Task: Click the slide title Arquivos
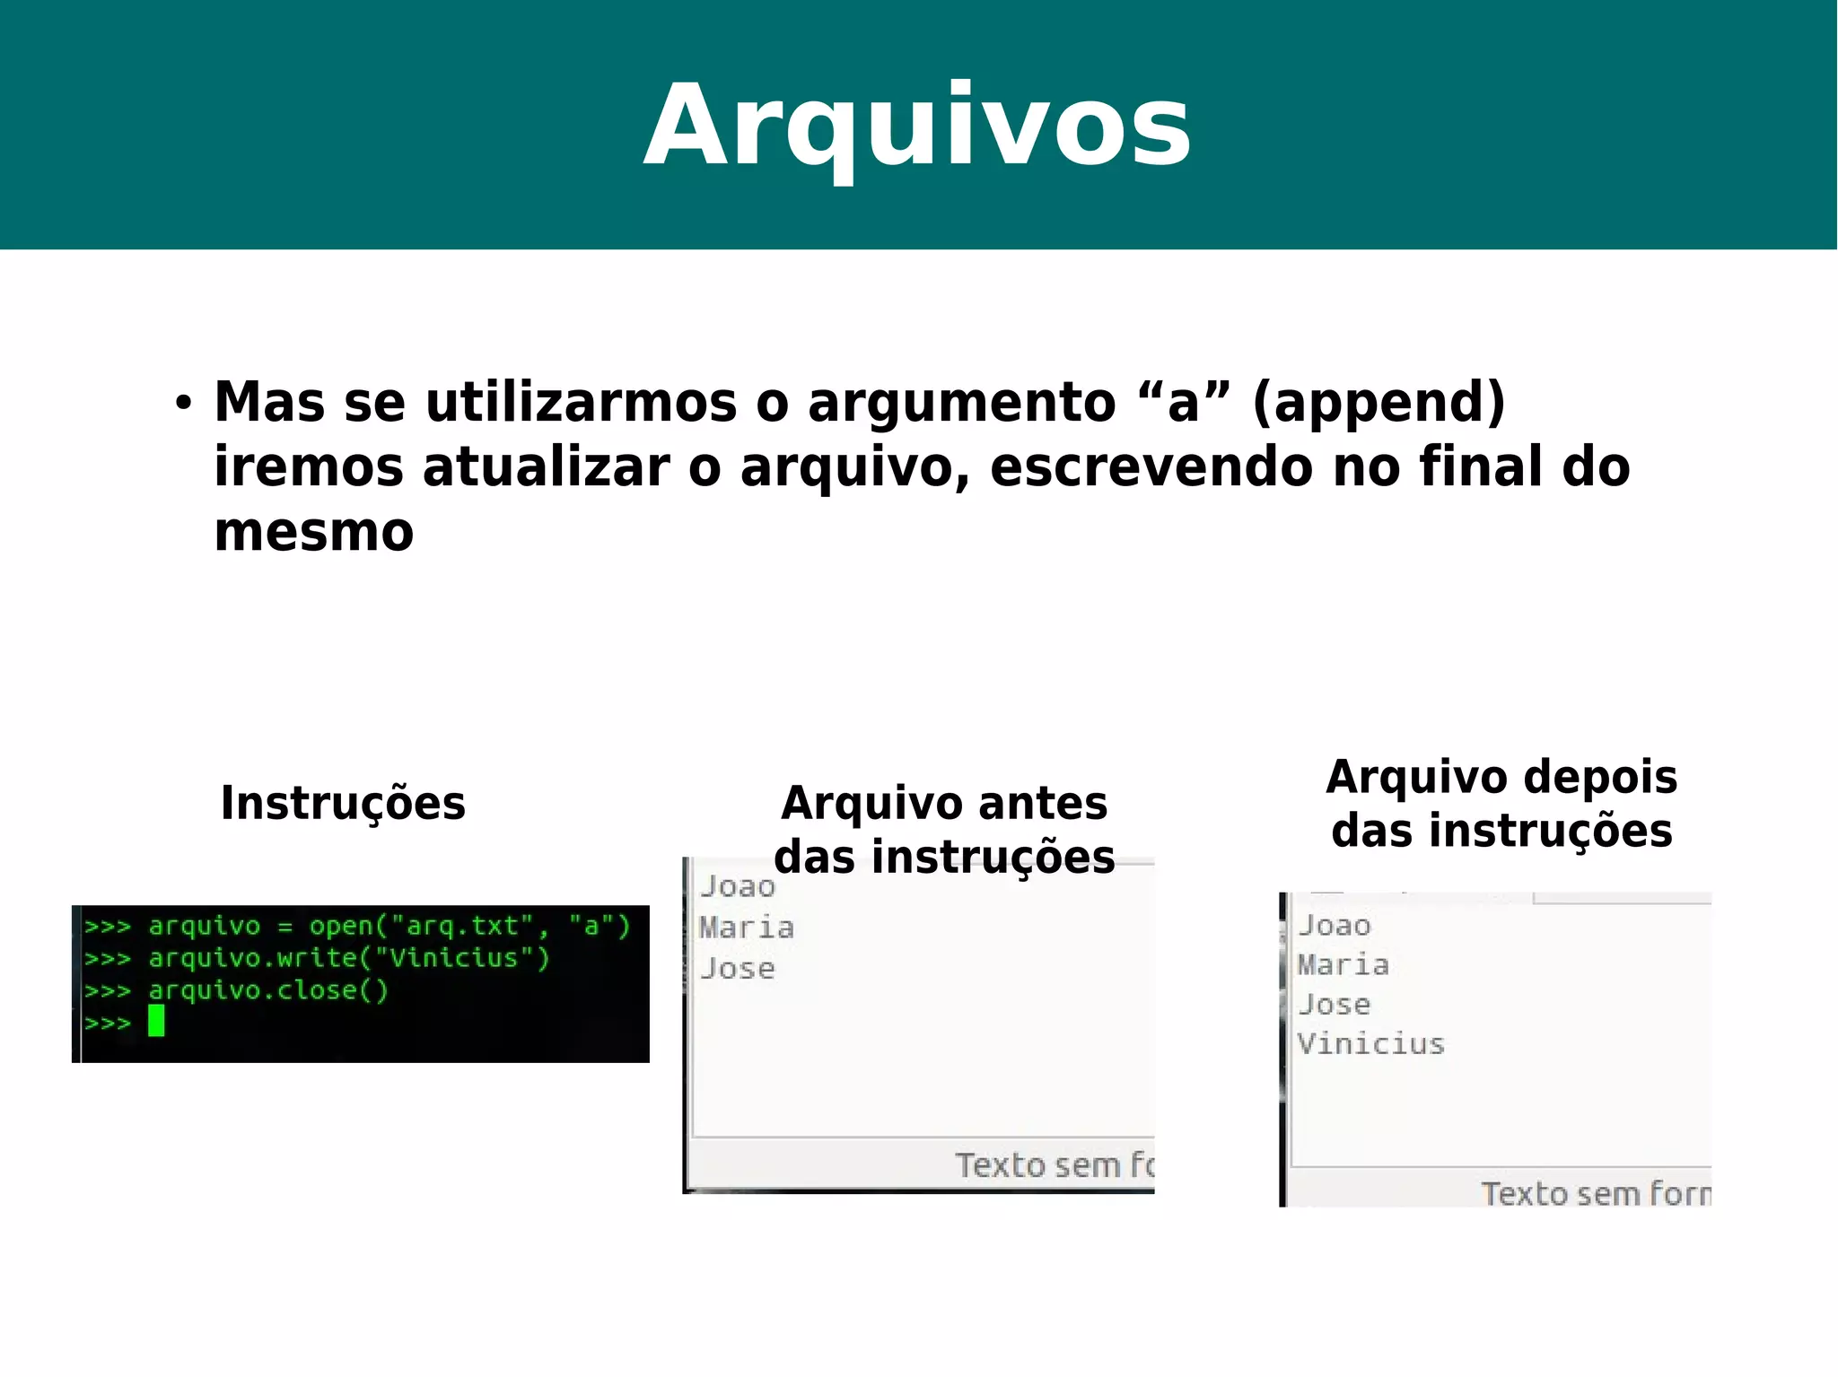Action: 917,126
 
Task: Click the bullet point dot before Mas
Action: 184,403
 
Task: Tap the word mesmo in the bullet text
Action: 314,532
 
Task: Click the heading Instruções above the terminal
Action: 343,803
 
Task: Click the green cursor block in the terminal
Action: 156,1021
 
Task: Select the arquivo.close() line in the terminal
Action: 268,990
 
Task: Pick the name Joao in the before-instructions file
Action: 738,887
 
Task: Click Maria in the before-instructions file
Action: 747,928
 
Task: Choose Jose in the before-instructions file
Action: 738,969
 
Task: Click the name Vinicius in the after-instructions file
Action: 1371,1044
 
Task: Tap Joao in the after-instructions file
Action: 1335,926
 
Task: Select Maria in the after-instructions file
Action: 1343,965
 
